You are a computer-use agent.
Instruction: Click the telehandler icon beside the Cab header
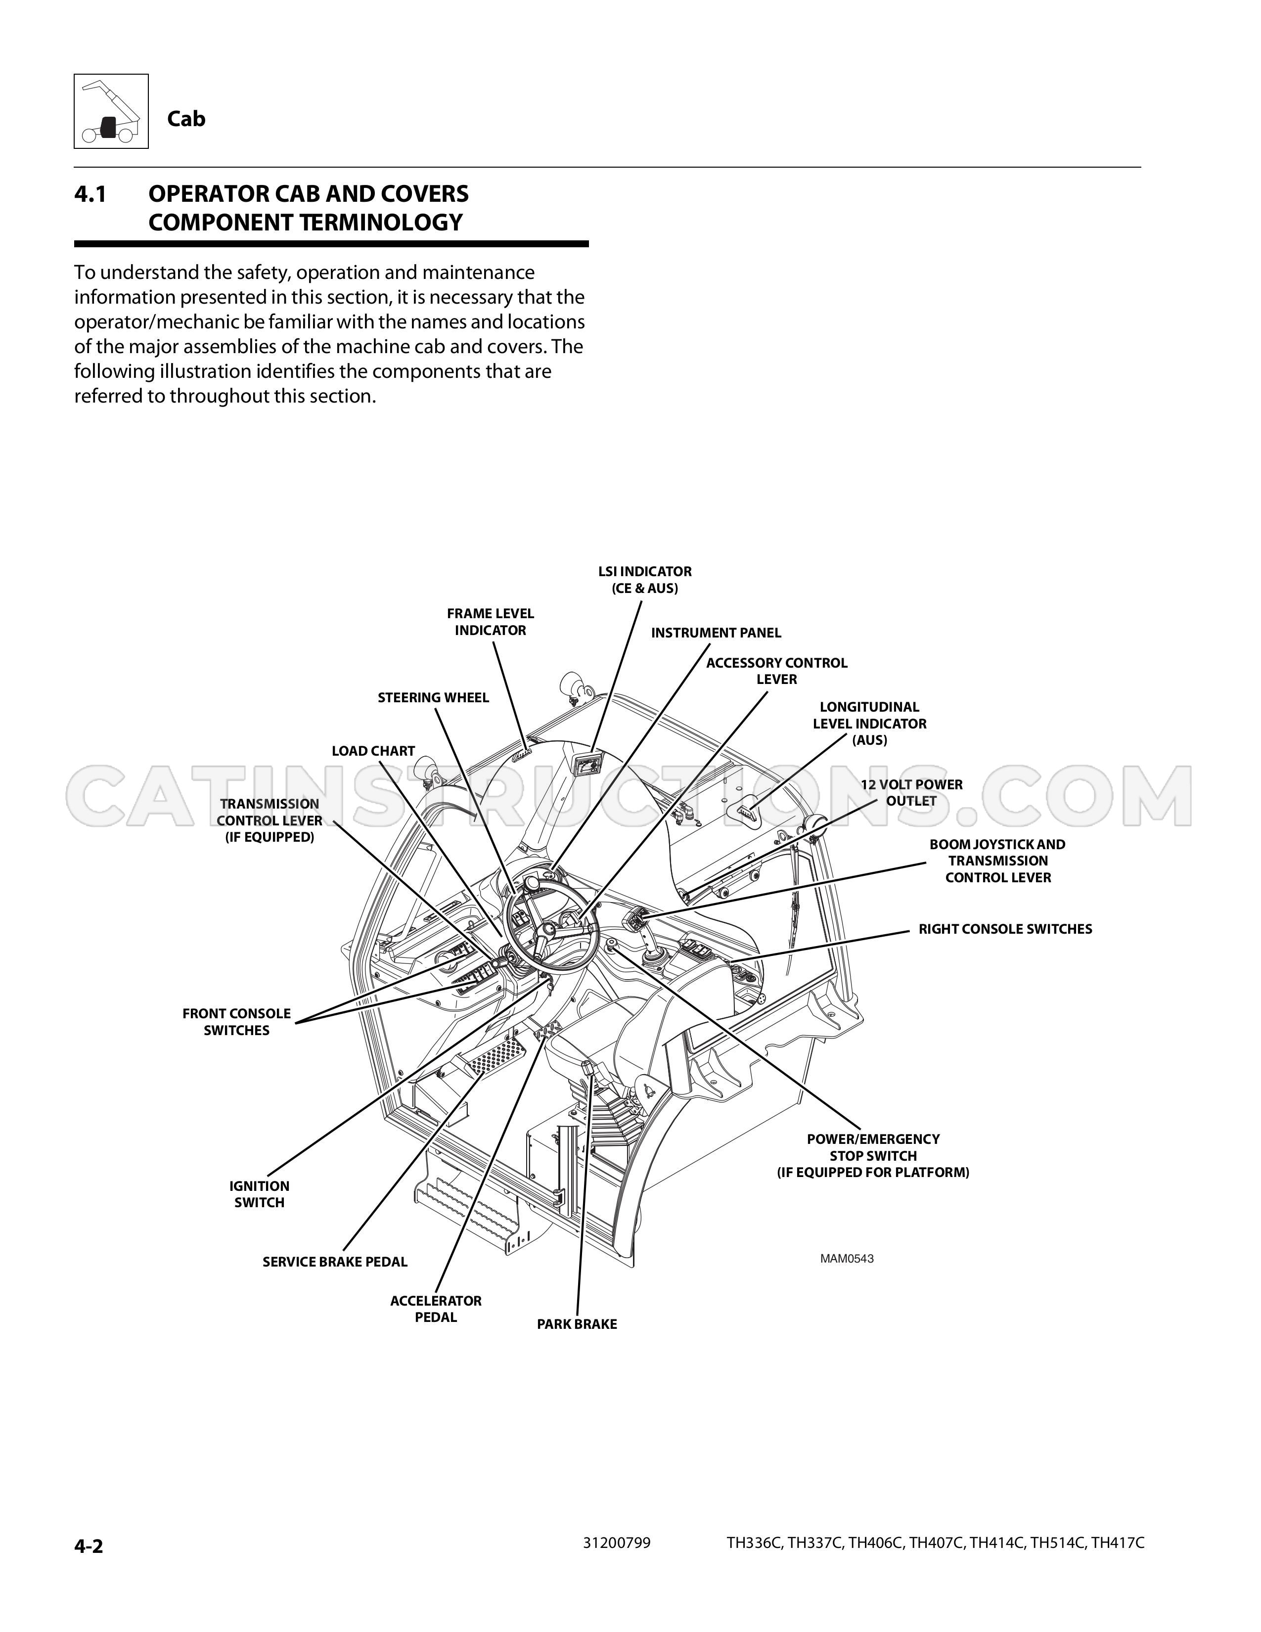[111, 111]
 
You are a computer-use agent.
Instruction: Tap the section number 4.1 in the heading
[90, 194]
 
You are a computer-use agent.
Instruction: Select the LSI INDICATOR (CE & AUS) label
[645, 580]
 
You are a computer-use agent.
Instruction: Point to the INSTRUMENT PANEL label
[716, 633]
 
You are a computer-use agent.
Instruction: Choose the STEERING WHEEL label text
[433, 698]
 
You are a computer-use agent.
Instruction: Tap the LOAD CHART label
[373, 751]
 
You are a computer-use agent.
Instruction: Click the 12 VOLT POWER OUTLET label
[911, 793]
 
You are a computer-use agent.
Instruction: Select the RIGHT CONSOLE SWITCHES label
[1005, 929]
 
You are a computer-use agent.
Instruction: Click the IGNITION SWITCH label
[259, 1194]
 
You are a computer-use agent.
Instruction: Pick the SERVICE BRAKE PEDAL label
[335, 1262]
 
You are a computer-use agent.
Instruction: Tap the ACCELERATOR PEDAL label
[436, 1309]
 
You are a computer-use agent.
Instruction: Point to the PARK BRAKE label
[577, 1324]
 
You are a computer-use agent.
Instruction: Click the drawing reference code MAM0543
[847, 1259]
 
